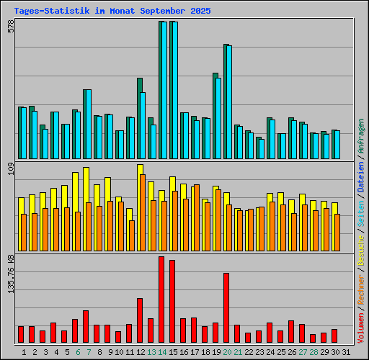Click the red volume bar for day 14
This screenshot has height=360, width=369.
pos(161,300)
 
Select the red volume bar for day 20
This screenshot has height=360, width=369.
pos(226,307)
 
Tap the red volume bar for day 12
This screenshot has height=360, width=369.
pos(140,320)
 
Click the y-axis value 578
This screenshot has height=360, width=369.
pos(11,27)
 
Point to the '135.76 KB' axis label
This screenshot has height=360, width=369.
pos(11,274)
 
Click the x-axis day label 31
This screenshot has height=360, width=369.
pos(347,352)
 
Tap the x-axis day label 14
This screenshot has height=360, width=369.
pos(163,352)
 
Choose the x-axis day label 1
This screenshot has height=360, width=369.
pos(25,352)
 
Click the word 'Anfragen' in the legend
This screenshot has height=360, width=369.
pos(361,138)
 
